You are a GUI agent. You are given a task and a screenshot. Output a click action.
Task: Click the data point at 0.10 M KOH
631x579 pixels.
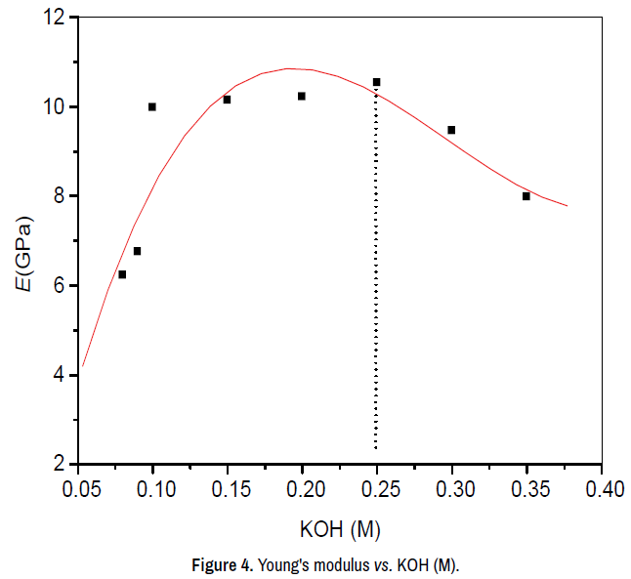(152, 106)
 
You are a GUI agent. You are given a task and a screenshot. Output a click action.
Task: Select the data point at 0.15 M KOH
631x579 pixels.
(227, 100)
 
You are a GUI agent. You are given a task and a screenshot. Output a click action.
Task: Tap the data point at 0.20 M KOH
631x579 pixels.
(302, 96)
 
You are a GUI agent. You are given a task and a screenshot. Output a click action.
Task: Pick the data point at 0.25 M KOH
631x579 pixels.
(377, 82)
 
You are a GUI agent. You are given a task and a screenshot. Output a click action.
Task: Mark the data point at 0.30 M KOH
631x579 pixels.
(451, 130)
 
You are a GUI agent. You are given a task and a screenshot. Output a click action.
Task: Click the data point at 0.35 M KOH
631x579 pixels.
(526, 196)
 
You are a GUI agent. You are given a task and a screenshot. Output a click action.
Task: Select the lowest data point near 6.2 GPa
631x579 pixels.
(122, 274)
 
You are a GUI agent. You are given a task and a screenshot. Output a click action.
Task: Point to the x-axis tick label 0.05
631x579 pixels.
(78, 488)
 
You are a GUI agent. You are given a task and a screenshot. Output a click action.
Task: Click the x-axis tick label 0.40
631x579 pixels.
(602, 488)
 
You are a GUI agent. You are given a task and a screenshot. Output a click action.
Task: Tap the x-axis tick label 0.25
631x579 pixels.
(377, 488)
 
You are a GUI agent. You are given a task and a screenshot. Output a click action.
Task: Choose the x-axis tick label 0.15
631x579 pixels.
(228, 488)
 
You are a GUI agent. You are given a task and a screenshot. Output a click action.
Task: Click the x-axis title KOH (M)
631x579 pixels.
(339, 529)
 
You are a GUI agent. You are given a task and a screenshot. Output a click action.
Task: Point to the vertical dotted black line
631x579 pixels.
(376, 293)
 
